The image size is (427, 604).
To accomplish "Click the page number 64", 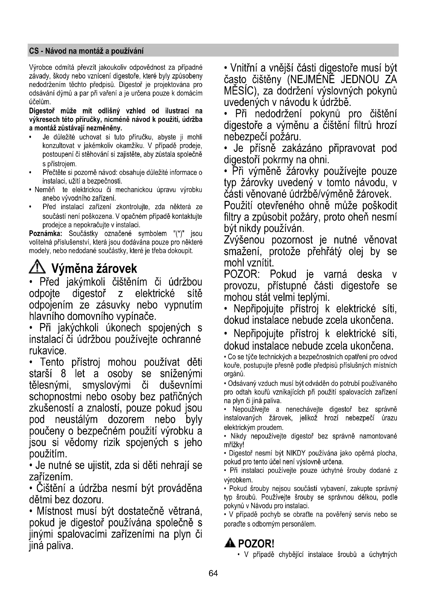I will tap(213, 573).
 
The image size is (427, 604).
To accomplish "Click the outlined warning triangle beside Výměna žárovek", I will tap(37, 267).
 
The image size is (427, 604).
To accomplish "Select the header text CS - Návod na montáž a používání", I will tap(86, 51).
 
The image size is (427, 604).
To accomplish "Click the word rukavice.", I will tap(47, 351).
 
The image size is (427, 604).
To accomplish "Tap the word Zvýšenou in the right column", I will tap(244, 240).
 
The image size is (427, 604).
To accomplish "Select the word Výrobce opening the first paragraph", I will tap(39, 68).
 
